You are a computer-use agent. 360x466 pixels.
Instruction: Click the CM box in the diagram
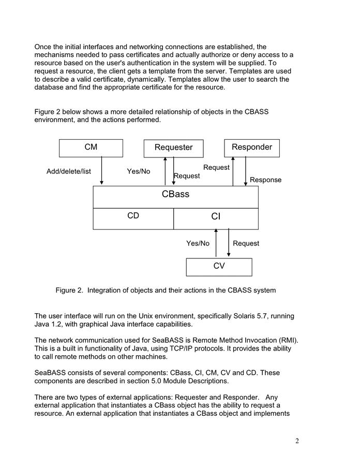(x=91, y=148)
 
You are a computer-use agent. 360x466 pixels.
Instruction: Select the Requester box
(x=173, y=148)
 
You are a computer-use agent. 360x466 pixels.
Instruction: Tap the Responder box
(x=252, y=148)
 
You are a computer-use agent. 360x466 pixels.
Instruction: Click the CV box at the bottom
(x=219, y=267)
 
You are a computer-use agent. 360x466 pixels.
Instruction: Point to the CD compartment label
(x=133, y=216)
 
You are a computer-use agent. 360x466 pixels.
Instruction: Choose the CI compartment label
(x=216, y=217)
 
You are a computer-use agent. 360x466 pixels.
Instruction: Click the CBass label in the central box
(x=175, y=195)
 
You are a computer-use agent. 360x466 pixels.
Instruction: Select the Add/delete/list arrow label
(x=69, y=171)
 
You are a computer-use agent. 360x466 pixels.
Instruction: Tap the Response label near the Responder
(x=265, y=180)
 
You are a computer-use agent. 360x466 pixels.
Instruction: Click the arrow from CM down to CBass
(x=102, y=171)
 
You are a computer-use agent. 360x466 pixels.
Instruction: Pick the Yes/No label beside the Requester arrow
(x=139, y=171)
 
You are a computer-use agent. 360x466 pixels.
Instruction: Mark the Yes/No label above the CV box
(x=198, y=243)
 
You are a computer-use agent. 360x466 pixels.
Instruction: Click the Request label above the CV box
(x=246, y=243)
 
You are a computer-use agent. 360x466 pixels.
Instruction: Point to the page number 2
(x=297, y=441)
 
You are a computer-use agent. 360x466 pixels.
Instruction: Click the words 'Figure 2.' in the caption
(x=69, y=290)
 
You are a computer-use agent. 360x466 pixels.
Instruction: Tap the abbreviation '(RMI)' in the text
(x=288, y=340)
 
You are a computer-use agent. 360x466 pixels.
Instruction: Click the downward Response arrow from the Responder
(x=246, y=171)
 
